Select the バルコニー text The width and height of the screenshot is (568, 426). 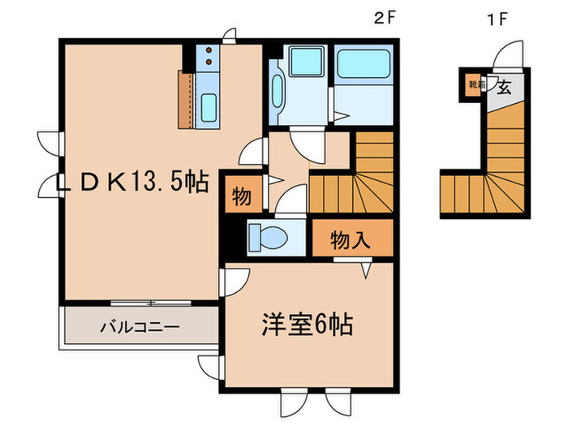[x=140, y=329]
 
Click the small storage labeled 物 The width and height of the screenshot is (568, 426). [x=240, y=196]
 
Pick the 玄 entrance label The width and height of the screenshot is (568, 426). [x=503, y=87]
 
